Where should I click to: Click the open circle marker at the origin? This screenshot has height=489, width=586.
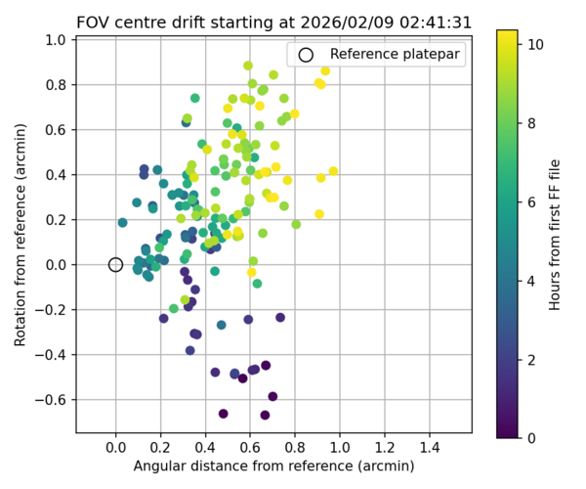pos(115,264)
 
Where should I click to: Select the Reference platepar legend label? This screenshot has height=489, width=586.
pos(395,55)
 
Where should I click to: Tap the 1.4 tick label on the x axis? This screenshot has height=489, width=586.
pos(430,448)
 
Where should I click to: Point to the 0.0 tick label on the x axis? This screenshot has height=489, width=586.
pos(115,448)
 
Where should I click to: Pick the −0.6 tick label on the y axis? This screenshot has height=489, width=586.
pos(51,399)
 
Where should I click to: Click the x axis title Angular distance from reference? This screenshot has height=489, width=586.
pos(273,467)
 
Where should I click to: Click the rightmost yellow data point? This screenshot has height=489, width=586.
pos(333,171)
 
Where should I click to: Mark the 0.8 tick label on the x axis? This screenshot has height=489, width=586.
pos(295,448)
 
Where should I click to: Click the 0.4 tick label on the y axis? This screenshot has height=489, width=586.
pos(55,174)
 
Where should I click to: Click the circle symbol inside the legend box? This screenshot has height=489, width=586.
pos(306,55)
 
